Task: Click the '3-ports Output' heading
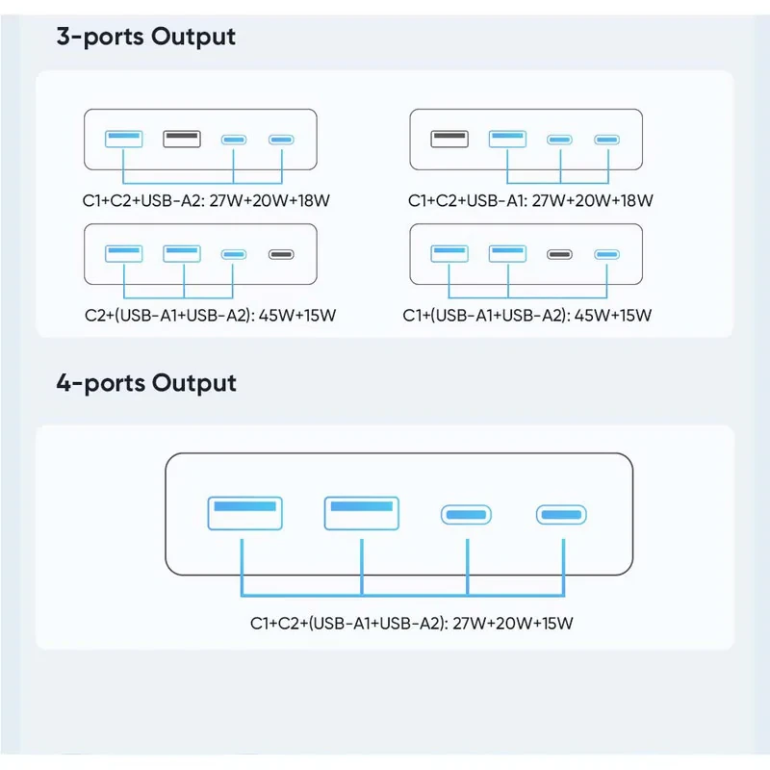(146, 37)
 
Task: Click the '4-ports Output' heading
(146, 383)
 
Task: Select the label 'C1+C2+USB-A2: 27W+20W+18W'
(206, 200)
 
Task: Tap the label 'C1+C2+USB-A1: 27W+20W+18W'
(530, 200)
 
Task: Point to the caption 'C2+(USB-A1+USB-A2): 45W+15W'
(210, 316)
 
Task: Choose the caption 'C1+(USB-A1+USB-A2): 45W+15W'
(526, 316)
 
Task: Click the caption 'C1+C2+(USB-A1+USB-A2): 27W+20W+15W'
(412, 623)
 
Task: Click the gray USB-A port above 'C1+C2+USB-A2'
(182, 139)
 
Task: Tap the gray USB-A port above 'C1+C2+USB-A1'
(449, 139)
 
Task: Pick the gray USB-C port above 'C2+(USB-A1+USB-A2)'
(281, 254)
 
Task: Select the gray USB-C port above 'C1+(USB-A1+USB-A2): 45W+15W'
(559, 254)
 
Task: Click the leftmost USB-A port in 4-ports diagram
(245, 513)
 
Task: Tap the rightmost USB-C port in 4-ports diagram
(561, 515)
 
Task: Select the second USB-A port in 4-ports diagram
(362, 513)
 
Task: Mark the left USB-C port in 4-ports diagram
(466, 515)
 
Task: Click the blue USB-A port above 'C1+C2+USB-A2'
(124, 139)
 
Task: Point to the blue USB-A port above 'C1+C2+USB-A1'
(507, 139)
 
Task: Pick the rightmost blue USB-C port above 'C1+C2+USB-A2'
(281, 140)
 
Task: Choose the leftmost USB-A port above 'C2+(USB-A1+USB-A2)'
(124, 254)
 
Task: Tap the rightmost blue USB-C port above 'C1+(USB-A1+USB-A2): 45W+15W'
(607, 254)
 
